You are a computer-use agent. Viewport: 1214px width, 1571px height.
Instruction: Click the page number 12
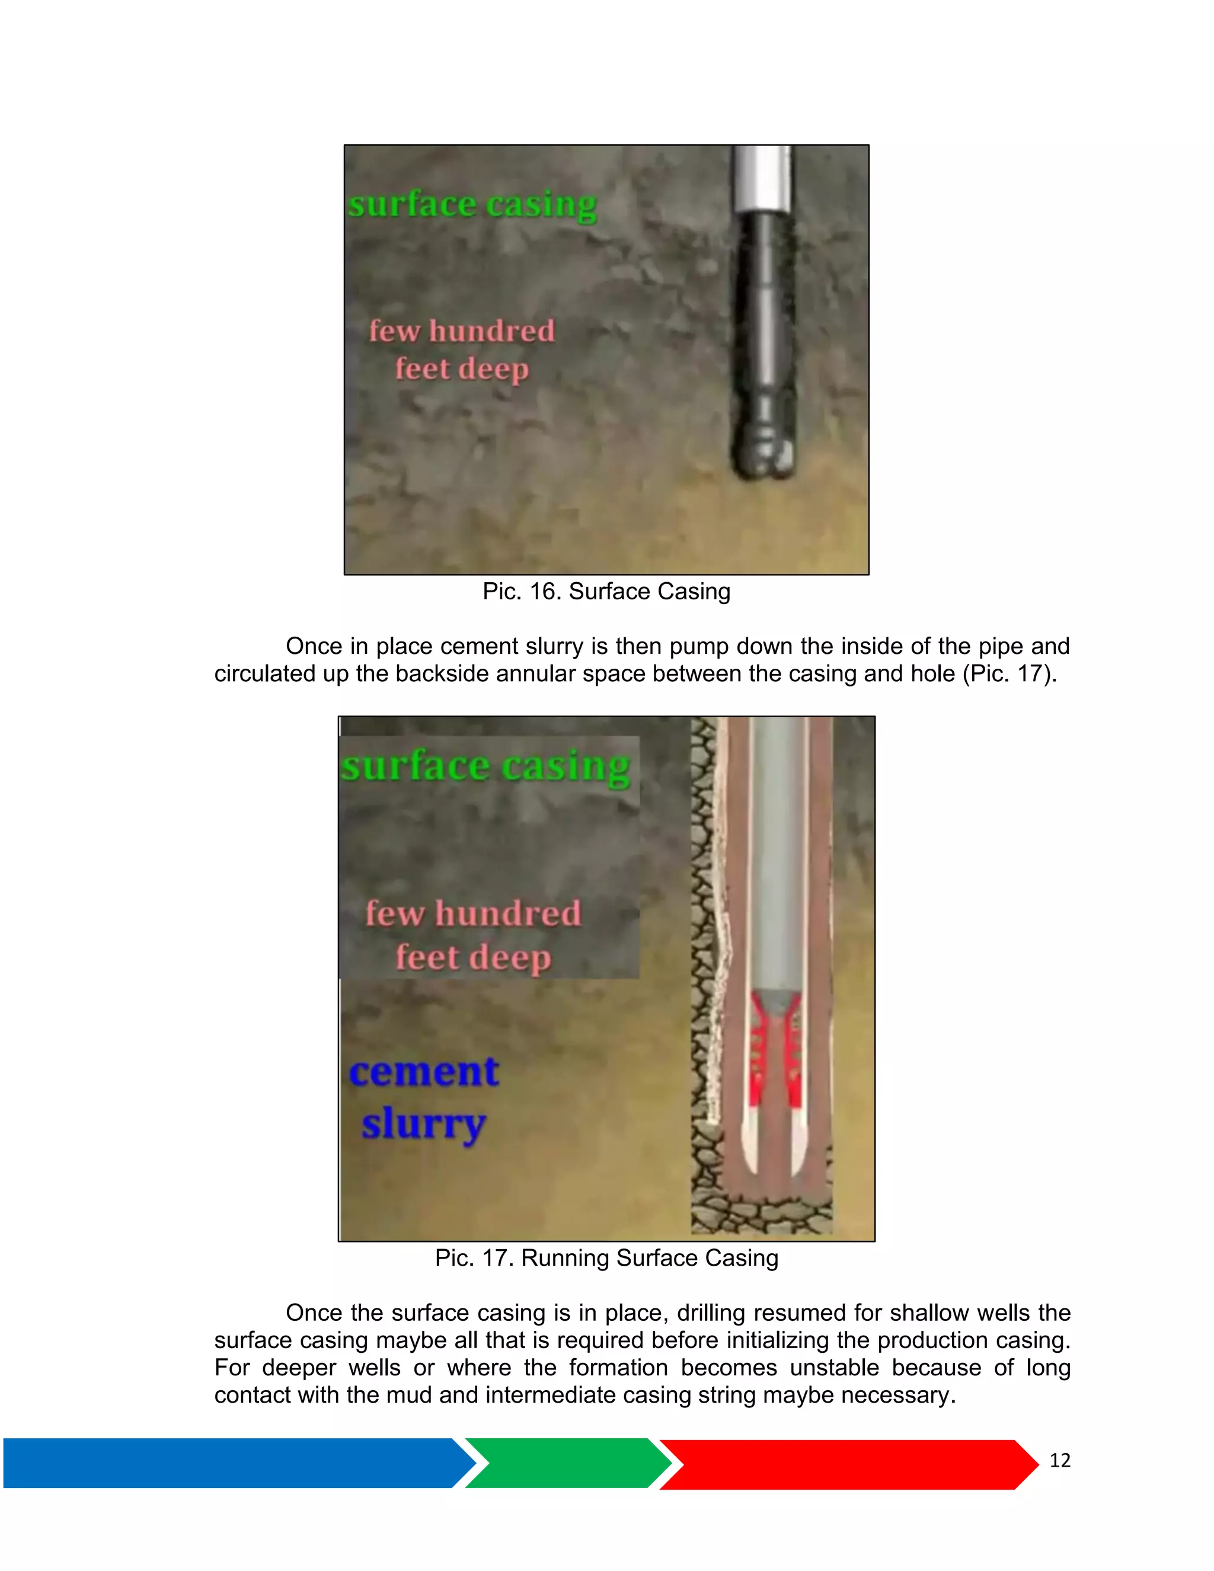tap(1059, 1461)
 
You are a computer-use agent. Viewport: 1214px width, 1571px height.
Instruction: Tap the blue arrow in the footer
tap(230, 1463)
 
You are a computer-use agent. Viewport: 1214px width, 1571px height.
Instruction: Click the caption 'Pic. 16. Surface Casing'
tap(606, 591)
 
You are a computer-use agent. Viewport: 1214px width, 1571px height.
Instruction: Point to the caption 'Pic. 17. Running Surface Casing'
tap(606, 1258)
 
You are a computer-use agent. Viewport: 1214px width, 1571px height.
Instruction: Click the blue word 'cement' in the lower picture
tap(424, 1072)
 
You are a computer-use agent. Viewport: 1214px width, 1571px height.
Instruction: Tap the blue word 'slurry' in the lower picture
tap(424, 1124)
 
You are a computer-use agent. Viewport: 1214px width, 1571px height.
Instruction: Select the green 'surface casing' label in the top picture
tap(472, 205)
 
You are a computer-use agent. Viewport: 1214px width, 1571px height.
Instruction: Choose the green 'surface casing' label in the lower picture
tap(485, 766)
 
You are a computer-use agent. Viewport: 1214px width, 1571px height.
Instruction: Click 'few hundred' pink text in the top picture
tap(462, 331)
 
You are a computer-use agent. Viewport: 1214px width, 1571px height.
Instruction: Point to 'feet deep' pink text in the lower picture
tap(473, 957)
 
